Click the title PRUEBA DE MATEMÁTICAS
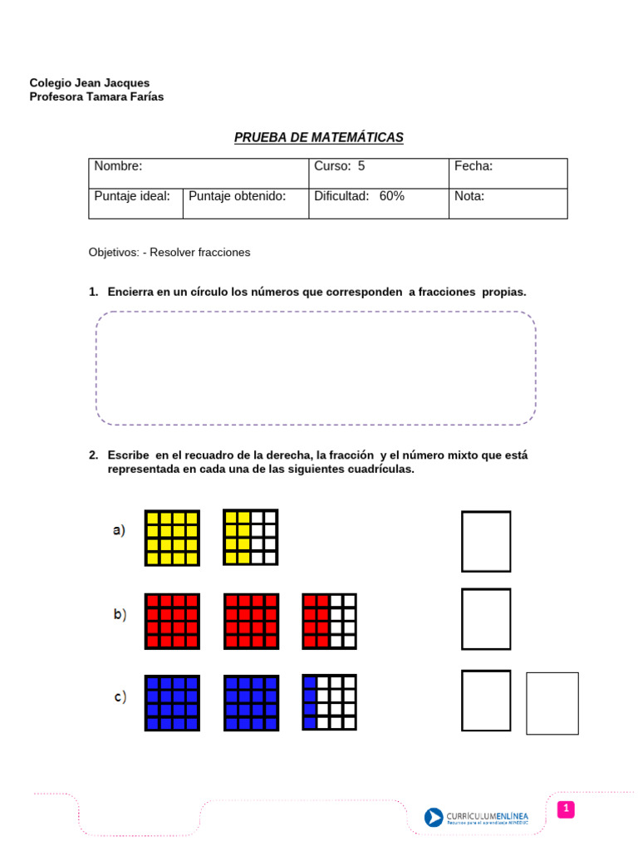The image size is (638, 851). [318, 137]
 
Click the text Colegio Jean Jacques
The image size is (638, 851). [90, 83]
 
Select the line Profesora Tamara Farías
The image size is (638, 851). [96, 96]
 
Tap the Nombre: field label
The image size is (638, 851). [118, 166]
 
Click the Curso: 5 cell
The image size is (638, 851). [378, 173]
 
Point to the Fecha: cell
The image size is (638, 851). [508, 173]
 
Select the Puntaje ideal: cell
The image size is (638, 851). [135, 203]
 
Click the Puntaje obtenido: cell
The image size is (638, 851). [245, 203]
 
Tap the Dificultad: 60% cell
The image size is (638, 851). [378, 203]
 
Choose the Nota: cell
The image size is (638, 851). [508, 203]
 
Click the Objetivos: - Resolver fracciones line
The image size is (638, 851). [169, 252]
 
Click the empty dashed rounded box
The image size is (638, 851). [316, 368]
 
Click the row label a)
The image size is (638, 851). [119, 530]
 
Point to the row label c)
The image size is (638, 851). [120, 697]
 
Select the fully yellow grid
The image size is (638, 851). [172, 538]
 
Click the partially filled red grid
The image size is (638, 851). [329, 621]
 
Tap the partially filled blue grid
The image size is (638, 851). [329, 702]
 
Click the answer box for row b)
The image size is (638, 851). [486, 618]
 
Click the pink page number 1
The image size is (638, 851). [565, 809]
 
